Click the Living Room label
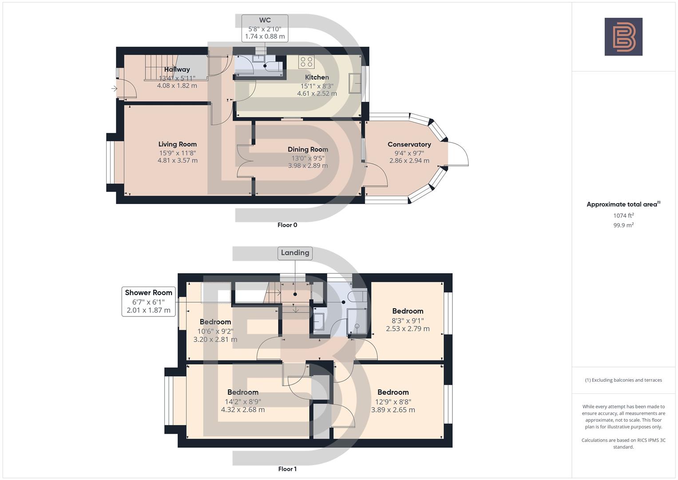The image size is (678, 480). (177, 144)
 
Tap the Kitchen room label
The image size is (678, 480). (317, 77)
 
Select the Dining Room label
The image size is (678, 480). (308, 150)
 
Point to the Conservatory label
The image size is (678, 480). (409, 144)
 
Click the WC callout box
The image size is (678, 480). (265, 28)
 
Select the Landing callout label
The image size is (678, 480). (295, 253)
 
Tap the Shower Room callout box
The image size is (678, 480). (148, 301)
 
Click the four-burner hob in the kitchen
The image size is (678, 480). (306, 62)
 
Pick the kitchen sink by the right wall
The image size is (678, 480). (355, 84)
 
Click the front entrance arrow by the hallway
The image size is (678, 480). (114, 88)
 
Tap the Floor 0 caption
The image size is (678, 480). (287, 225)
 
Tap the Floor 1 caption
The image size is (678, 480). (287, 469)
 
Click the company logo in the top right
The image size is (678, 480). (623, 36)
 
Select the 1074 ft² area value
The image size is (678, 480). (623, 216)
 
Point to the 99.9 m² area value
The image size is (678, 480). (623, 225)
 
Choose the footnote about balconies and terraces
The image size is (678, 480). (623, 380)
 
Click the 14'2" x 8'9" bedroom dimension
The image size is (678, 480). (243, 401)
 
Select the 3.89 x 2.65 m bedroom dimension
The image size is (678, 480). (393, 410)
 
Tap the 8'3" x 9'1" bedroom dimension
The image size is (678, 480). (408, 320)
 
